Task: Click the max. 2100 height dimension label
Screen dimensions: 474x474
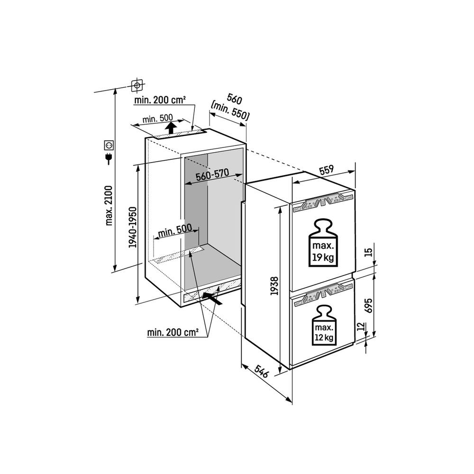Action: [x=109, y=206]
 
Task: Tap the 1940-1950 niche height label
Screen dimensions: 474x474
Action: [x=133, y=228]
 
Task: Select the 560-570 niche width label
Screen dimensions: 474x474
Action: [x=212, y=174]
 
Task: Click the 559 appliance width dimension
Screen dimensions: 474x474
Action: [x=326, y=170]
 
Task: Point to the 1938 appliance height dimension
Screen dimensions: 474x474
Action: [x=274, y=286]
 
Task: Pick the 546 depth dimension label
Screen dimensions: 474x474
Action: [x=262, y=371]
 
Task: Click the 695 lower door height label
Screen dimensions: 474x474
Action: [x=369, y=306]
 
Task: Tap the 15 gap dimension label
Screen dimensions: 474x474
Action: [x=368, y=252]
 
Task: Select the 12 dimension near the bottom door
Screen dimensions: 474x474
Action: [x=360, y=327]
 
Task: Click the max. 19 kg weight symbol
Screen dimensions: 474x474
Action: [x=323, y=243]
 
